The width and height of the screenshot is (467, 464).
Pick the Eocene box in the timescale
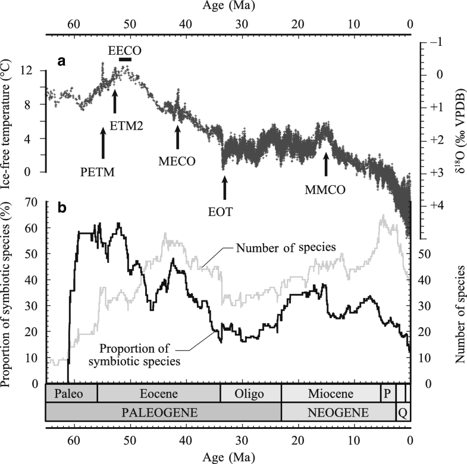tap(158, 394)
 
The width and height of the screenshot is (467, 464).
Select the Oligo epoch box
tap(250, 394)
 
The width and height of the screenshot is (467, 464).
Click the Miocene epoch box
tap(331, 394)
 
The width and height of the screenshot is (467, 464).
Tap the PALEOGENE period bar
tap(163, 412)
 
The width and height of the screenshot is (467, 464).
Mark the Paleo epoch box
tap(71, 394)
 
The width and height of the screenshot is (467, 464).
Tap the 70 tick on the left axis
tap(33, 203)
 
